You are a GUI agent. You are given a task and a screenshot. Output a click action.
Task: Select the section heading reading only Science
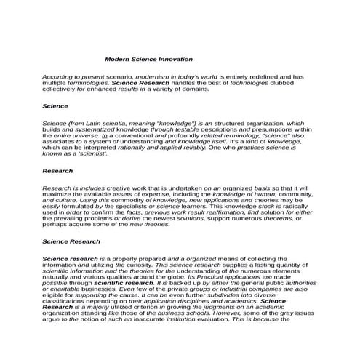point(55,106)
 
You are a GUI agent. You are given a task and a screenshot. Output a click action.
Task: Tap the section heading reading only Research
point(57,171)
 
